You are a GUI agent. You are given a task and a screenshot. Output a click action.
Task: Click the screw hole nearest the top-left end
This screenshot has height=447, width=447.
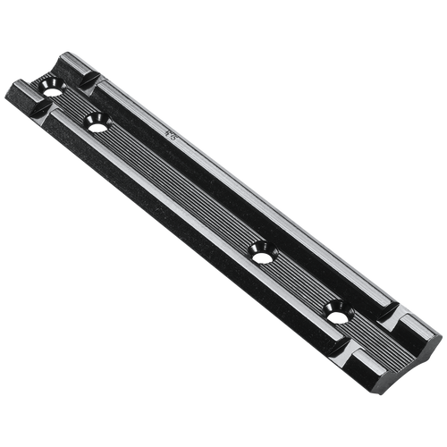click(49, 86)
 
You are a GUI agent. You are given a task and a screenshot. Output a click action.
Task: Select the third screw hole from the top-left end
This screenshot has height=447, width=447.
click(260, 249)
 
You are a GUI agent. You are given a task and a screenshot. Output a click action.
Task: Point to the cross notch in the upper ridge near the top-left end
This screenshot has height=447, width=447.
click(87, 80)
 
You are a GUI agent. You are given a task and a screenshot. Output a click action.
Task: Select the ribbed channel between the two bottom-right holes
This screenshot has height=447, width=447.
click(299, 280)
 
